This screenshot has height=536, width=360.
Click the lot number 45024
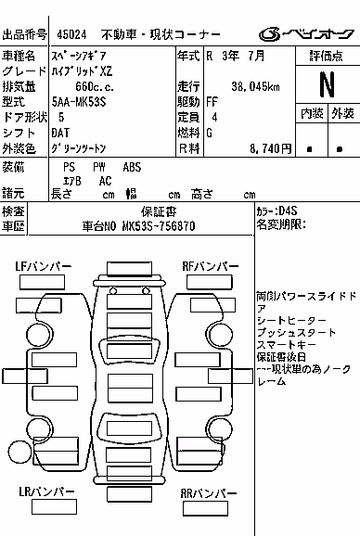tap(71, 34)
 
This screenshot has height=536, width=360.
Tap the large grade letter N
tap(327, 84)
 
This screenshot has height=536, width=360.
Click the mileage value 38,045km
tap(255, 86)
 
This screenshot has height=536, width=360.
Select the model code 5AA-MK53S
tap(79, 102)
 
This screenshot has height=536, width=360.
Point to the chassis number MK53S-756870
tap(159, 226)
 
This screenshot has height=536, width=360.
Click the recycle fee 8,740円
tap(270, 148)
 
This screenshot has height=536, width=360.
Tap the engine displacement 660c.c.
tap(95, 86)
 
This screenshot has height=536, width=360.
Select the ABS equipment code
tap(132, 167)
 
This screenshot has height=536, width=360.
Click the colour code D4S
tap(288, 211)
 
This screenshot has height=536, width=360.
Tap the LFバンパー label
tap(44, 266)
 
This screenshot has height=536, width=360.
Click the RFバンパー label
tap(211, 266)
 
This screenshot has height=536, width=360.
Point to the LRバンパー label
tap(46, 491)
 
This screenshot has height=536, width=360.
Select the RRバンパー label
tap(209, 493)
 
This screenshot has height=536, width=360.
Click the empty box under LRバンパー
tap(54, 507)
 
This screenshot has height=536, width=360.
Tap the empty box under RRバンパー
tap(205, 509)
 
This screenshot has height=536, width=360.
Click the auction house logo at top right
tap(306, 33)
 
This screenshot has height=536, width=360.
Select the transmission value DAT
tap(60, 133)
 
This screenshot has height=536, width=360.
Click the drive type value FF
tap(212, 102)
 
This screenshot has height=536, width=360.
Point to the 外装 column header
tap(342, 113)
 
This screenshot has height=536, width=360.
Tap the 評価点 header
tap(327, 56)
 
